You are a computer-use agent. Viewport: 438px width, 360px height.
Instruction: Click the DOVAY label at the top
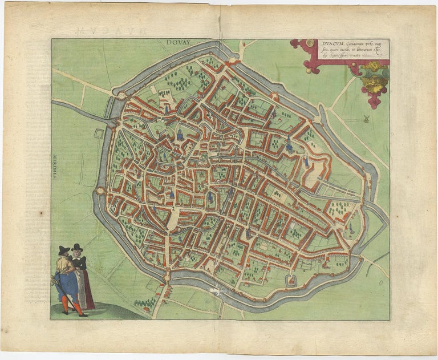(181, 42)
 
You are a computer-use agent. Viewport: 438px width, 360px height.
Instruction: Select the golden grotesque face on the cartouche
(375, 77)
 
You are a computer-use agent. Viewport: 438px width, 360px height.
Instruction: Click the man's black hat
(64, 250)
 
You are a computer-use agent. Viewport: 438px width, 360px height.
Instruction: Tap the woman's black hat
(78, 248)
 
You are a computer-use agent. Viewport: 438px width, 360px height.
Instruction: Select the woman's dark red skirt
(87, 291)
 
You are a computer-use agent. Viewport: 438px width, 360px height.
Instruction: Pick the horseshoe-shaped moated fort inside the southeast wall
(293, 280)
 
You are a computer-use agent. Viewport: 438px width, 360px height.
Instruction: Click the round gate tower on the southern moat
(167, 278)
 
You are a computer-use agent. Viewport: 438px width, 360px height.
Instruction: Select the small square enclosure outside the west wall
(99, 134)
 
